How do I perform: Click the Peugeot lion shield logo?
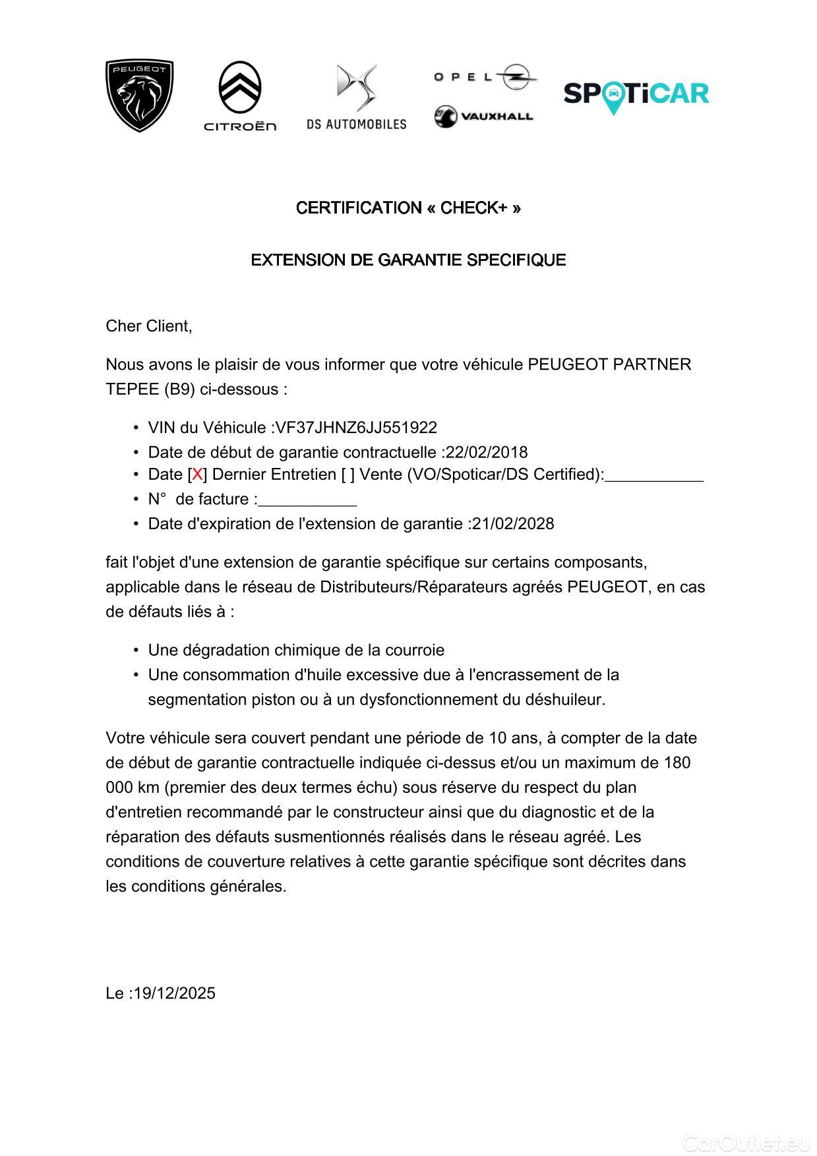click(139, 96)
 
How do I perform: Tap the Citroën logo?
click(240, 96)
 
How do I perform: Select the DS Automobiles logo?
click(356, 96)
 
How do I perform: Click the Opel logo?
click(485, 77)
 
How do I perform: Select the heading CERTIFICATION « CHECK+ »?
click(408, 208)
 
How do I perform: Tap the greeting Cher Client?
click(148, 326)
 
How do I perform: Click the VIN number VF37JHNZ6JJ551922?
click(356, 428)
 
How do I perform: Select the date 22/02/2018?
click(487, 453)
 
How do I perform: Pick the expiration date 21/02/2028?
click(513, 524)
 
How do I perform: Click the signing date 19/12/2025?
click(174, 994)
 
